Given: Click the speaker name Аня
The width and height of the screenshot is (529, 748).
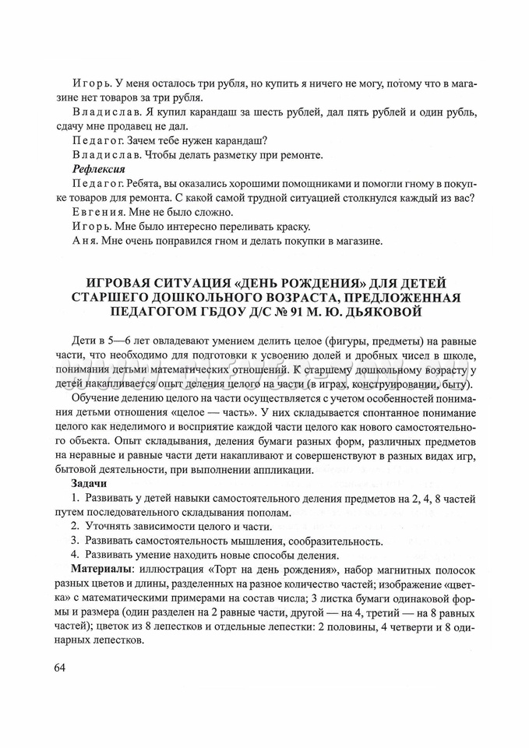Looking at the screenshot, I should (81, 241).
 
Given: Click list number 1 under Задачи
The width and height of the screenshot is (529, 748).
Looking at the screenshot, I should (73, 498).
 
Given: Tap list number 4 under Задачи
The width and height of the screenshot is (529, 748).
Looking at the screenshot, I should (73, 556).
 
